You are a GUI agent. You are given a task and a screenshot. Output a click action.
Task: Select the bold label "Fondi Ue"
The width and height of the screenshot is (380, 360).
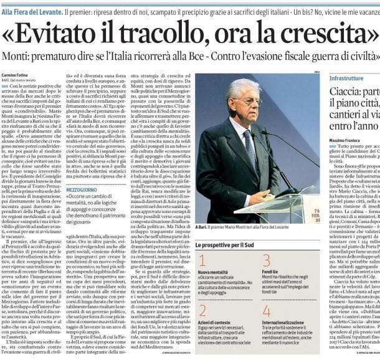click(x=268, y=273)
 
